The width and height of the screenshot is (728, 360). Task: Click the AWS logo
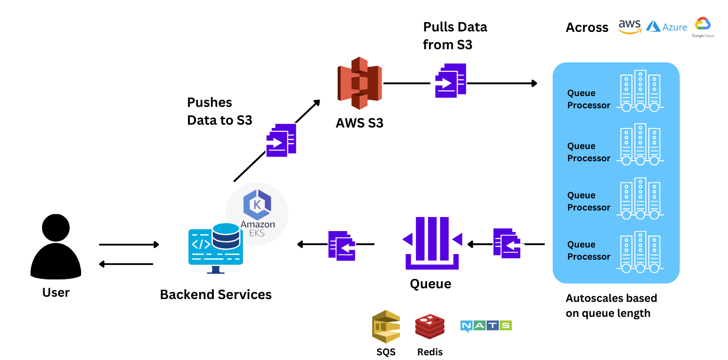[629, 26]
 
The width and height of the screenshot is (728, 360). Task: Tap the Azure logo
[666, 26]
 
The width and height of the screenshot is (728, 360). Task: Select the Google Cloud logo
[703, 26]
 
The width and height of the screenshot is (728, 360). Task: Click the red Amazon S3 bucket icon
[360, 83]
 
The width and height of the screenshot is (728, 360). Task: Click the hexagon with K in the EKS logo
[257, 205]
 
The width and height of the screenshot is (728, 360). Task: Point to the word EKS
[257, 233]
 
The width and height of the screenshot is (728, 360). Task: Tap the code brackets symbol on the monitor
[201, 244]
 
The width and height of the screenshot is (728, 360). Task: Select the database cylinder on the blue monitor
[226, 236]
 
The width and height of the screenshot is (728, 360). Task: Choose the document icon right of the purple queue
[508, 243]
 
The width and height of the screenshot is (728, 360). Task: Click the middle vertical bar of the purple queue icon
[432, 238]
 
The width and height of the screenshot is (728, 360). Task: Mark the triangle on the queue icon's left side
[407, 239]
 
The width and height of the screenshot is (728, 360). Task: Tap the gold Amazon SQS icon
[386, 326]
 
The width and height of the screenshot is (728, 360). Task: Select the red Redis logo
[430, 326]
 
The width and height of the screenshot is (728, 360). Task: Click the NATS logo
[486, 326]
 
